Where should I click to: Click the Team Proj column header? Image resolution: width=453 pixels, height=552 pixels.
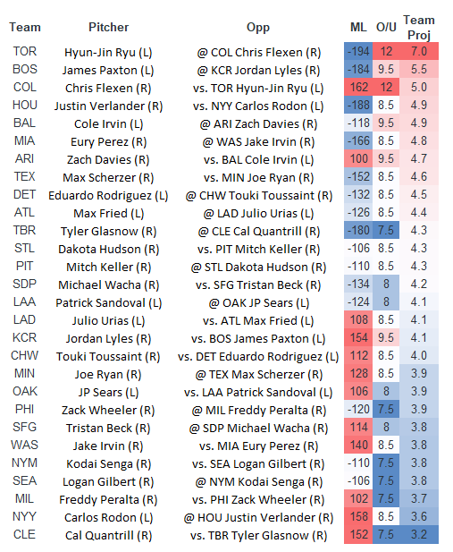click(x=418, y=27)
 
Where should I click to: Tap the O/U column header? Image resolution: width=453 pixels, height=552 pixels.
click(x=386, y=28)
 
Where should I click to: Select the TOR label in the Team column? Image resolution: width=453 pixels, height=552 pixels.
click(x=25, y=52)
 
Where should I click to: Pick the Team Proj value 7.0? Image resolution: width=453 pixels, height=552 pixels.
click(x=418, y=52)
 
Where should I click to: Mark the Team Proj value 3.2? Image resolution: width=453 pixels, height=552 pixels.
click(x=418, y=535)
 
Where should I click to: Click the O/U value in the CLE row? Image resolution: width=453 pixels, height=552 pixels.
click(x=386, y=535)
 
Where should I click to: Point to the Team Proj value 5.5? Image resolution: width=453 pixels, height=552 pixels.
click(x=418, y=70)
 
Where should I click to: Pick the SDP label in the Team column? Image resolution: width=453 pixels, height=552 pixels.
click(x=25, y=284)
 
